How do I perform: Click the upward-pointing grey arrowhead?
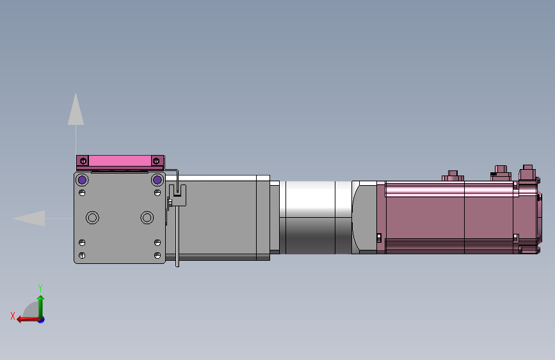(x=76, y=110)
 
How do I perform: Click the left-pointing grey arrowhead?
(x=29, y=218)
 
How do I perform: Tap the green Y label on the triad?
(x=40, y=288)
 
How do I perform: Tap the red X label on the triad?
(x=13, y=316)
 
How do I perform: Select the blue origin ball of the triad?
(x=41, y=319)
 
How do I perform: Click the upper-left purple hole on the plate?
(x=82, y=180)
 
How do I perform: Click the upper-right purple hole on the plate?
(x=157, y=180)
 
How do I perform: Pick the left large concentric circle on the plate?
(x=93, y=218)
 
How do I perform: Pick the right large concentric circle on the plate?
(x=147, y=218)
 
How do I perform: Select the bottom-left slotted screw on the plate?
(x=82, y=255)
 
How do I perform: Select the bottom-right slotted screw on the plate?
(x=157, y=255)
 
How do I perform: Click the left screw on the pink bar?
(x=83, y=160)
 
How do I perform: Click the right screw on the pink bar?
(x=156, y=160)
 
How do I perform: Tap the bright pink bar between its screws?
(x=119, y=160)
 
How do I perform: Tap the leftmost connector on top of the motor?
(x=453, y=176)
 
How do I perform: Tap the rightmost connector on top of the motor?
(x=527, y=172)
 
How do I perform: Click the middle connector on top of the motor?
(x=499, y=172)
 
